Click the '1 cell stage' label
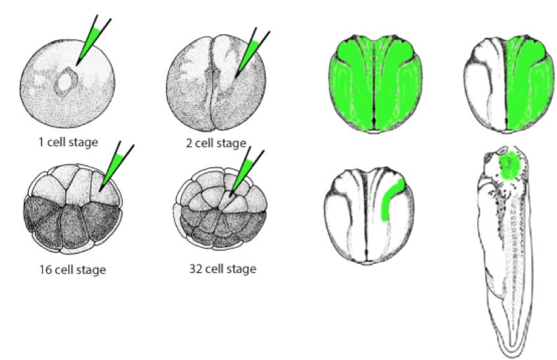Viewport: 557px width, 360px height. [x=68, y=142]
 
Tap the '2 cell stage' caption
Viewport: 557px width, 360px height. [x=216, y=143]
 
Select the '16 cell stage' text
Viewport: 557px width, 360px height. [x=72, y=270]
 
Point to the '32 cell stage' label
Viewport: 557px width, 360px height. [x=223, y=269]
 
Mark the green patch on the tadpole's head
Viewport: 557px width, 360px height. [x=510, y=165]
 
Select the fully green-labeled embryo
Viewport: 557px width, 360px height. [x=375, y=84]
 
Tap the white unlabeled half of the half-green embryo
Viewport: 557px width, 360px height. [x=485, y=85]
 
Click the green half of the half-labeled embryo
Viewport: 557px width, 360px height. [x=529, y=85]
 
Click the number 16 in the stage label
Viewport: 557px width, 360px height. [x=45, y=270]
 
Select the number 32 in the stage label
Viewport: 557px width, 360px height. [x=196, y=269]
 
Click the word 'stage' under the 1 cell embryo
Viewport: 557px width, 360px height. [x=83, y=143]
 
